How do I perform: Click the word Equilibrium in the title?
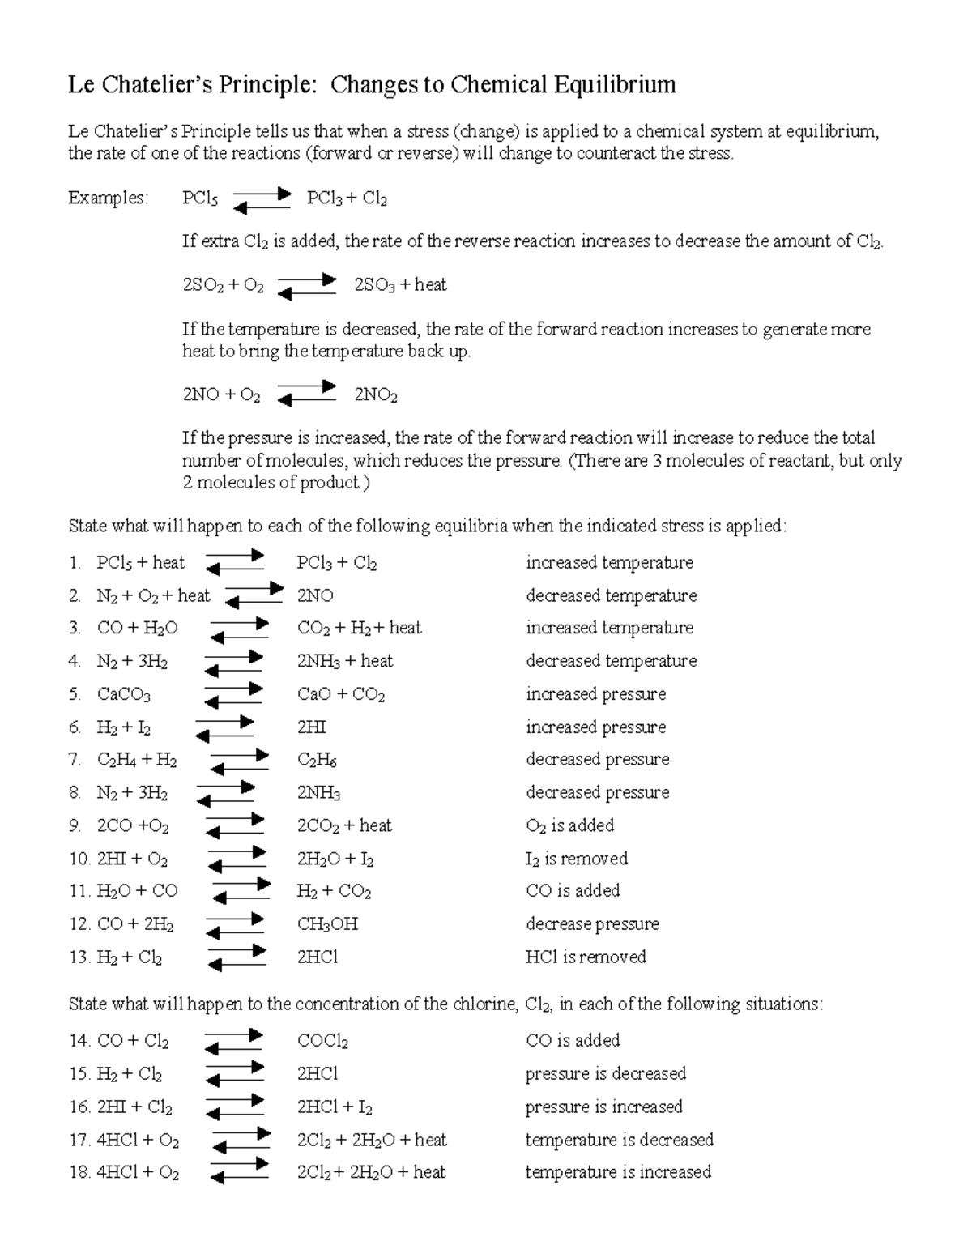615,84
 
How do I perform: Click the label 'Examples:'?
109,198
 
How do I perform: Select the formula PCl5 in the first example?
199,198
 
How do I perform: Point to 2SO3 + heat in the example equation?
400,285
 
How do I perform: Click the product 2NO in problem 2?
315,596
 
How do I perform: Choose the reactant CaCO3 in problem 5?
123,695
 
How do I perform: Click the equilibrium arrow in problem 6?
226,728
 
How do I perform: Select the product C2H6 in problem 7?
317,761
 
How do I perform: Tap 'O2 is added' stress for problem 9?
569,825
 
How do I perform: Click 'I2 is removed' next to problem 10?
576,859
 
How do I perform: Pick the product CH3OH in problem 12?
327,924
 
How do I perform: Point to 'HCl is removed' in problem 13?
586,957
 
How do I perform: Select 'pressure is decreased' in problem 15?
605,1074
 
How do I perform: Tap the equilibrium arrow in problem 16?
235,1107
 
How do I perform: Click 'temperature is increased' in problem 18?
618,1172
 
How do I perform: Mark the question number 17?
79,1141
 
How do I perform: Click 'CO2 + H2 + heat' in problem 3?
359,629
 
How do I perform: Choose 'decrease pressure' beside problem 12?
592,924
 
